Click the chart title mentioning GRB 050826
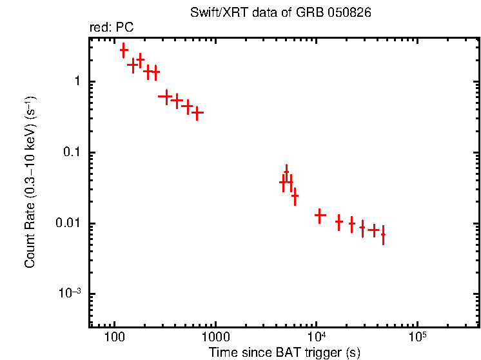pos(280,13)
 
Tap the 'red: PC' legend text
pos(111,28)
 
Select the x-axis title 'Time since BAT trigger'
pos(284,352)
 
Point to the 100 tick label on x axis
pos(114,337)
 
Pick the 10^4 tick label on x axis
pos(316,336)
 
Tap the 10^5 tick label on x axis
pos(417,336)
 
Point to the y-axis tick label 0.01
pos(69,223)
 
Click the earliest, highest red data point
pos(124,50)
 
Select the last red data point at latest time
pos(383,235)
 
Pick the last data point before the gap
pos(198,113)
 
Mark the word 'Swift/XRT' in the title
pos(213,13)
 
